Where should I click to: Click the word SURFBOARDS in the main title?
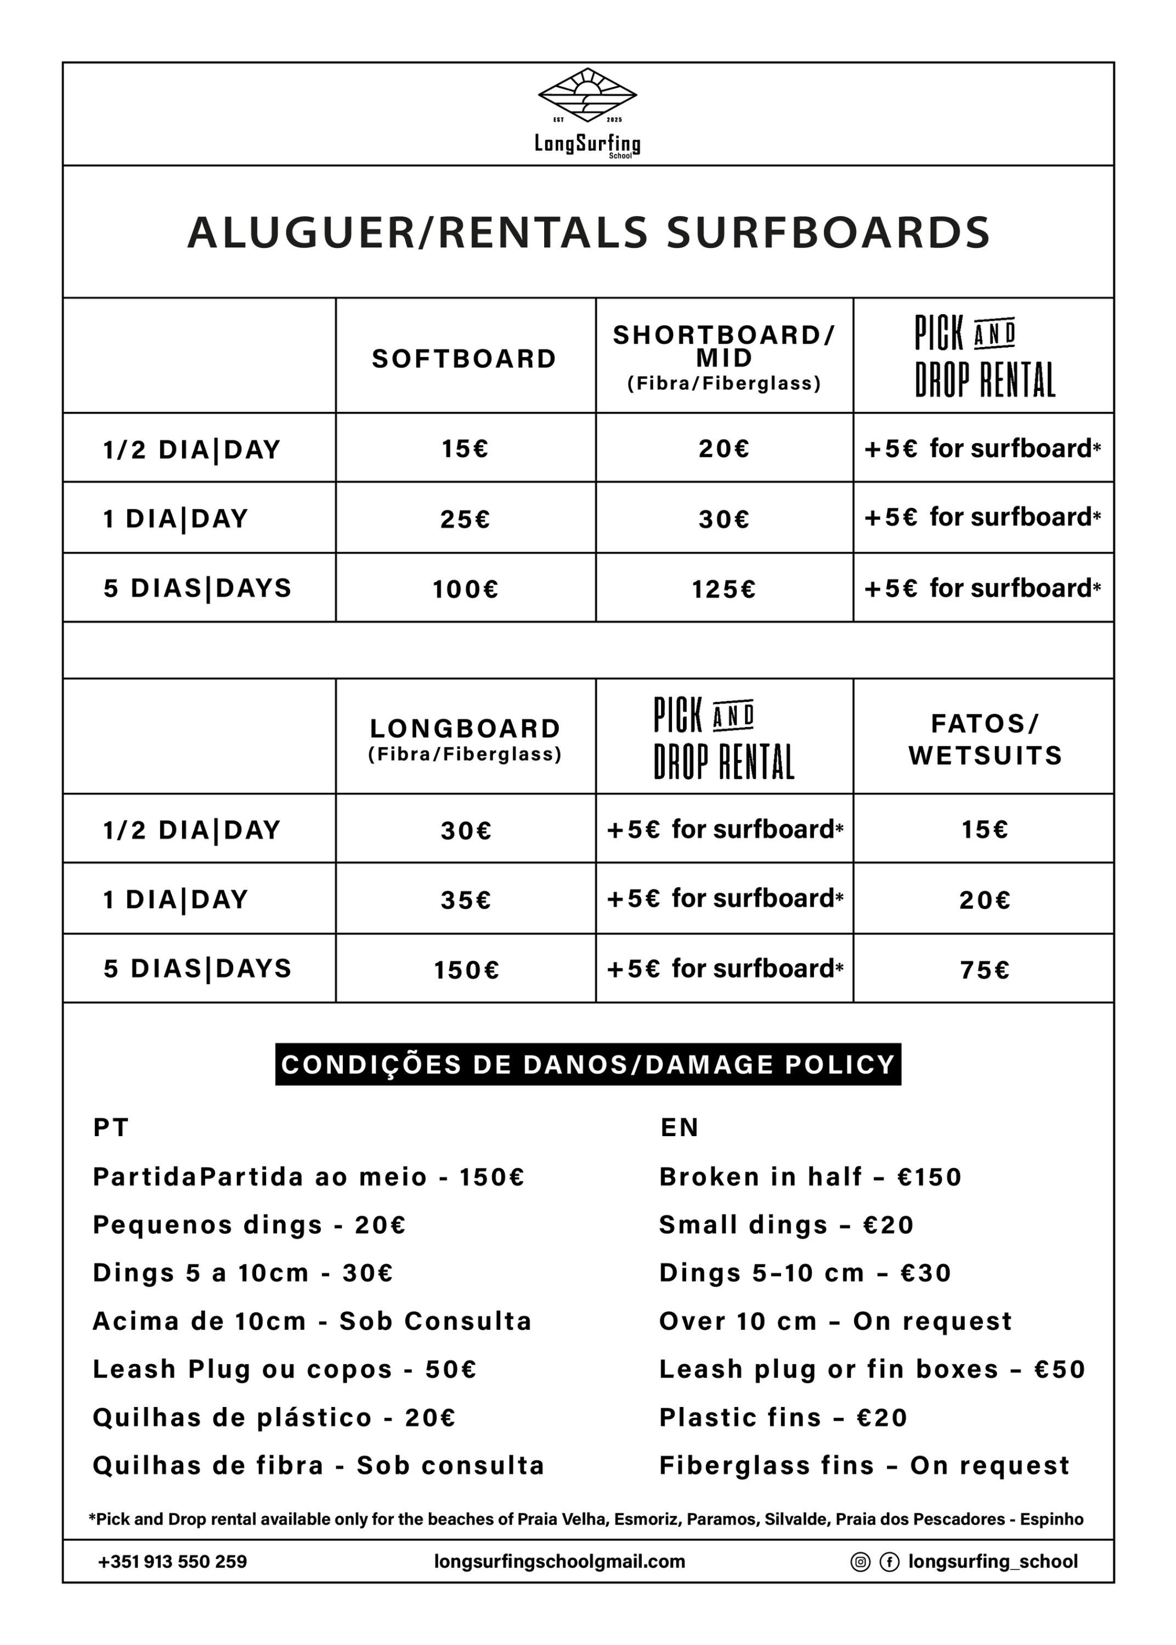(x=828, y=233)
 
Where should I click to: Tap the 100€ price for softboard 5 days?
(x=466, y=589)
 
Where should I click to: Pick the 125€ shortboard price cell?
(x=723, y=589)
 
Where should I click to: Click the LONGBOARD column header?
(x=466, y=728)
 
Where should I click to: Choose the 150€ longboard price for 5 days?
(x=466, y=970)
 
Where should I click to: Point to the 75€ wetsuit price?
(x=985, y=970)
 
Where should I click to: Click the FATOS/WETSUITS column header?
(x=985, y=739)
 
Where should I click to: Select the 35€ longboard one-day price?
(x=466, y=900)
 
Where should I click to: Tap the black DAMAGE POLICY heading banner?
(x=588, y=1064)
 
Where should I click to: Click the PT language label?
(x=111, y=1127)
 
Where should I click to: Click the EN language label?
(x=679, y=1127)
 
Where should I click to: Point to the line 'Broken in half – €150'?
(x=810, y=1177)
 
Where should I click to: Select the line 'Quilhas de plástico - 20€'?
(x=274, y=1417)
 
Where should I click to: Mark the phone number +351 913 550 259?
(x=172, y=1562)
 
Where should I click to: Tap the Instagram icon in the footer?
(x=860, y=1562)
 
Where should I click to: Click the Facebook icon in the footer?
(x=889, y=1562)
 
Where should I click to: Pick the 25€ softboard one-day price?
(x=466, y=519)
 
